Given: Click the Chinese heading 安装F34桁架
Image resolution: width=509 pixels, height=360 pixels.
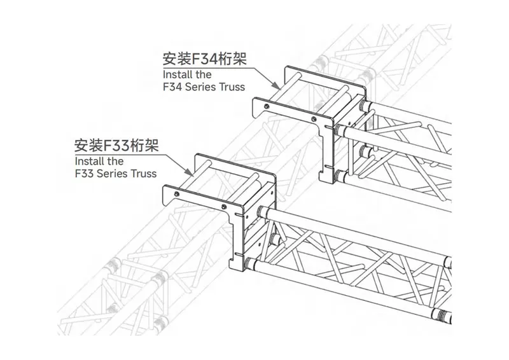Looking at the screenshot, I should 204,59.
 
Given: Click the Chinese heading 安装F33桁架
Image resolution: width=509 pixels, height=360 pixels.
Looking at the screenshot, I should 116,145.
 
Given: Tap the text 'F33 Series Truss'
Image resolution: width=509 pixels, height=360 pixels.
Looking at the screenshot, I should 115,173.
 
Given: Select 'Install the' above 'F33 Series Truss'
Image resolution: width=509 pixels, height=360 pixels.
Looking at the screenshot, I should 99,161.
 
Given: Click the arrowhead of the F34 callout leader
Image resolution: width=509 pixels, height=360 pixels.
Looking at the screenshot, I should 278,87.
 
